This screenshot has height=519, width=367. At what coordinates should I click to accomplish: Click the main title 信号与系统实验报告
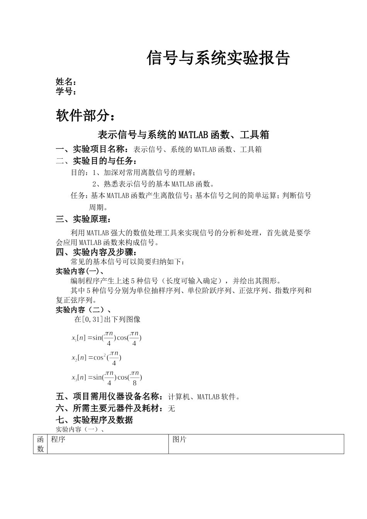tap(218, 58)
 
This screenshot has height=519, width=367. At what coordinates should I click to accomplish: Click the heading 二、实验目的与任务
tap(96, 161)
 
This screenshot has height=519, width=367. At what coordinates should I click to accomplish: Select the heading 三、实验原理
tap(83, 219)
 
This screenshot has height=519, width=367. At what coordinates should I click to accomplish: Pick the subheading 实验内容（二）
tap(83, 310)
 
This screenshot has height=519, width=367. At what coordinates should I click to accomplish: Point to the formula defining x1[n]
tap(107, 338)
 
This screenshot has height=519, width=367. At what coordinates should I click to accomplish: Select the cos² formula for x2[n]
tap(97, 358)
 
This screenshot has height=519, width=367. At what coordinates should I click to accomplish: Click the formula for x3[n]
tap(107, 377)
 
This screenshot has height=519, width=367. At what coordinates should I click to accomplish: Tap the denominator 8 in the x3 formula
tap(134, 383)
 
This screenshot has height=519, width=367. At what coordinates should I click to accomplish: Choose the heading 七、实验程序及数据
tap(94, 420)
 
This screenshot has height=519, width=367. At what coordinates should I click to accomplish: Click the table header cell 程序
tap(58, 439)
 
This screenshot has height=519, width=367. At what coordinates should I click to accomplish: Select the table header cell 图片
tap(180, 439)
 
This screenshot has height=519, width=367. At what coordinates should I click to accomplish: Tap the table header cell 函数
tap(40, 444)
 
